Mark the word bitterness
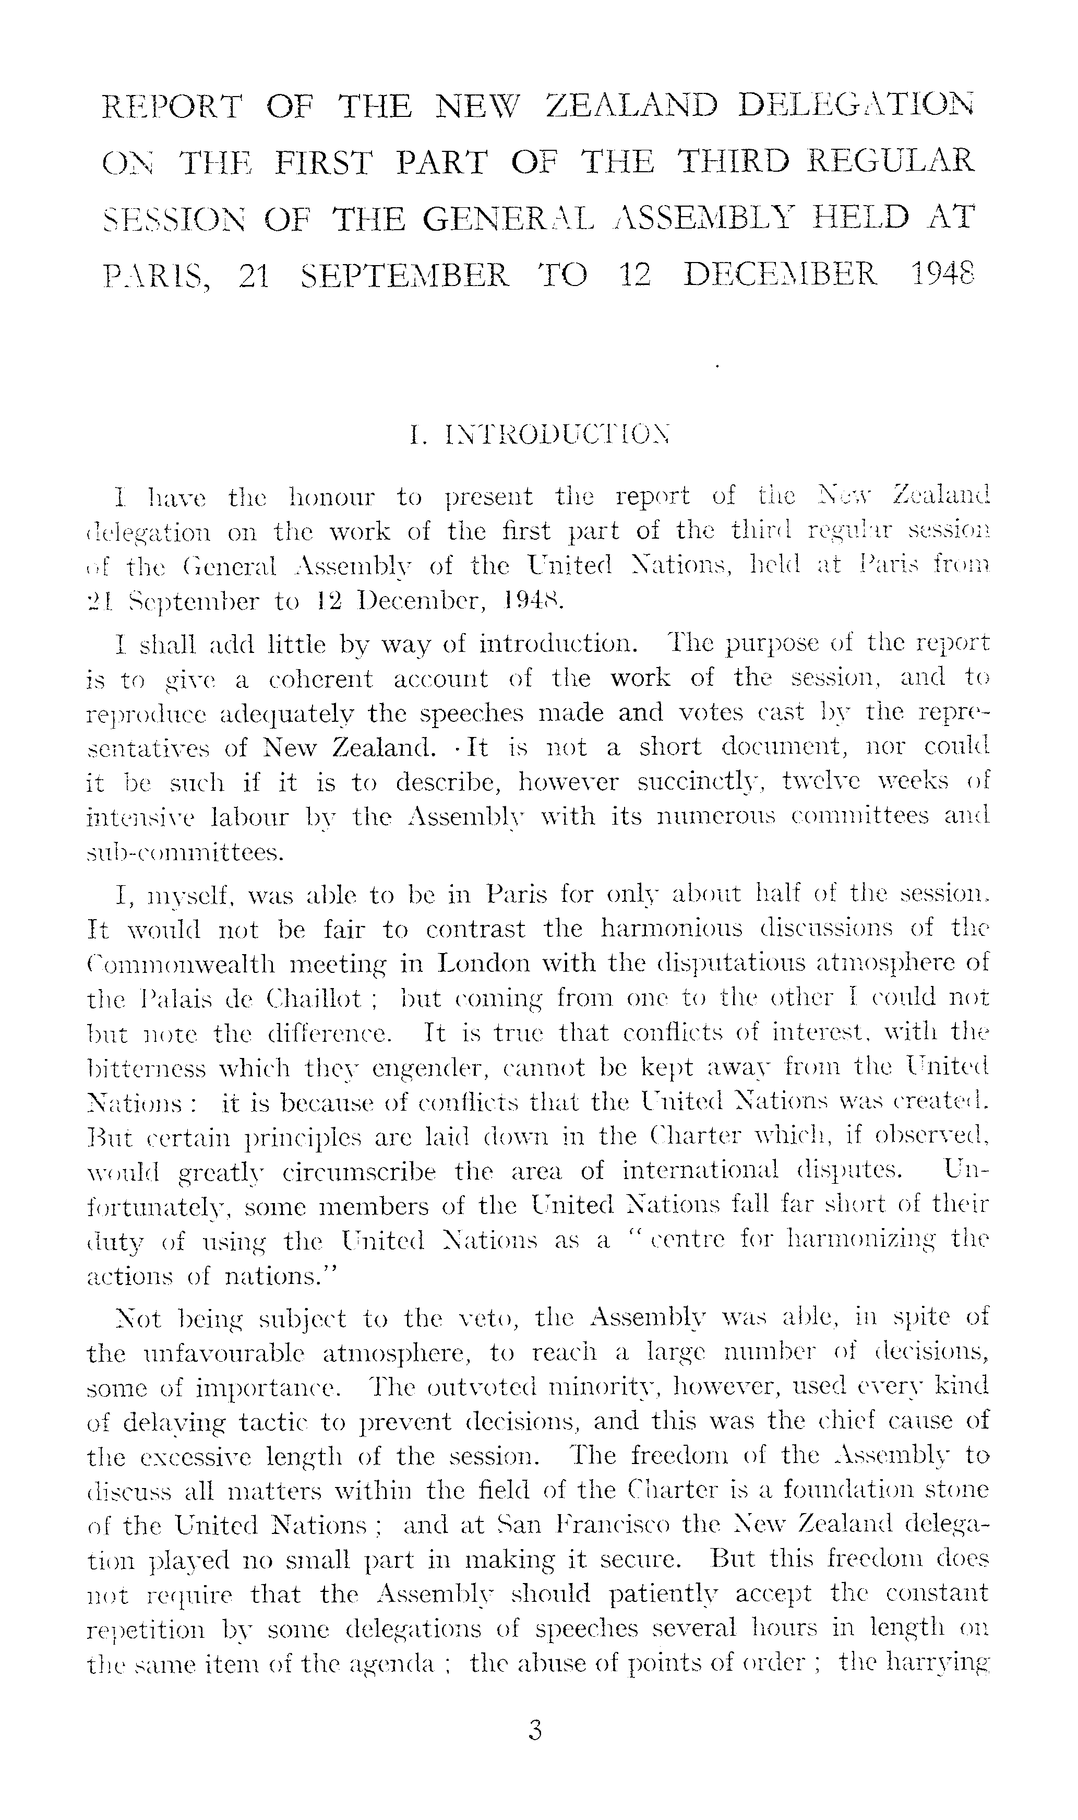point(145,1068)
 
